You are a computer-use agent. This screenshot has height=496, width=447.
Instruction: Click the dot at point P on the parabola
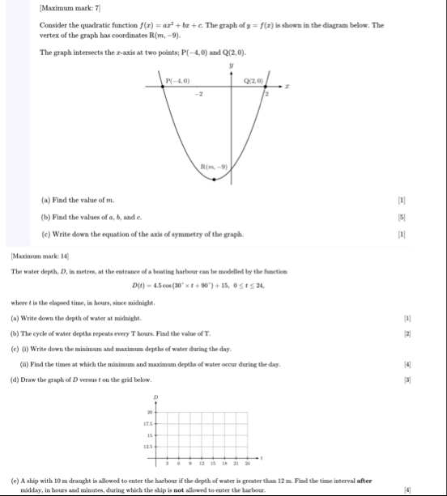163,87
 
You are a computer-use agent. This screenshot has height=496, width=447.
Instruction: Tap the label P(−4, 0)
177,80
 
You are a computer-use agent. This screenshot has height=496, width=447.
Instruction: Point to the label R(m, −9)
215,166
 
